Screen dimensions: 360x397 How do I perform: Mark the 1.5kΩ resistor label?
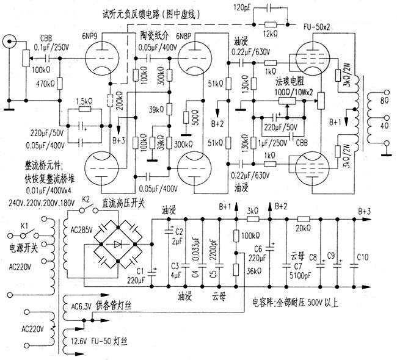click(84, 101)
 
